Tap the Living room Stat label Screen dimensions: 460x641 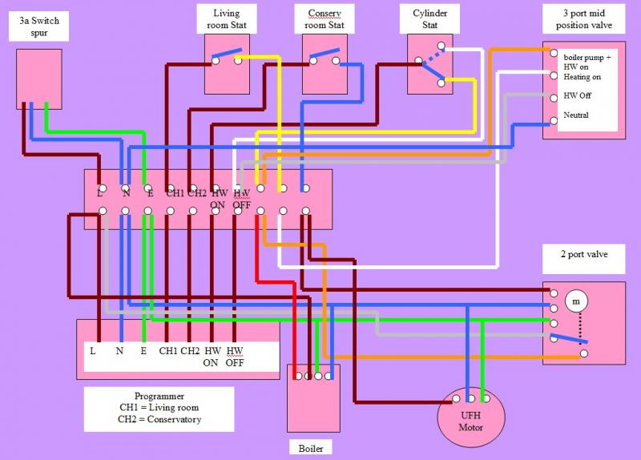click(x=227, y=19)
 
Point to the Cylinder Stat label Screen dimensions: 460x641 click(x=429, y=19)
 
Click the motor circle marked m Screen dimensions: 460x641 click(x=576, y=301)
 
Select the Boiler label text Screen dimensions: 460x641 click(x=311, y=449)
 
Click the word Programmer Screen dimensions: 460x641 click(x=159, y=396)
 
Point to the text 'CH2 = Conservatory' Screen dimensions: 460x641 click(x=159, y=419)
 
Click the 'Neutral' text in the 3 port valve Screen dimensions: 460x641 click(x=576, y=115)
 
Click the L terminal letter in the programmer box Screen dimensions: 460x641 click(x=93, y=351)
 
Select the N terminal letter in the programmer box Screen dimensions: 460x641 click(x=119, y=351)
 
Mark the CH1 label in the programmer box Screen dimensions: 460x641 click(x=168, y=351)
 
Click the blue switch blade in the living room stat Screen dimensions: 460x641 click(x=227, y=56)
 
